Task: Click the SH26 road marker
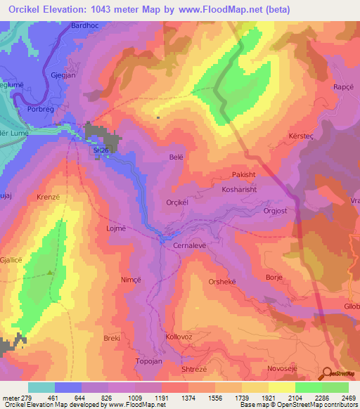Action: (101, 150)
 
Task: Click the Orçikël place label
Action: (179, 202)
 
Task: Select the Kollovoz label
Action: (179, 337)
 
